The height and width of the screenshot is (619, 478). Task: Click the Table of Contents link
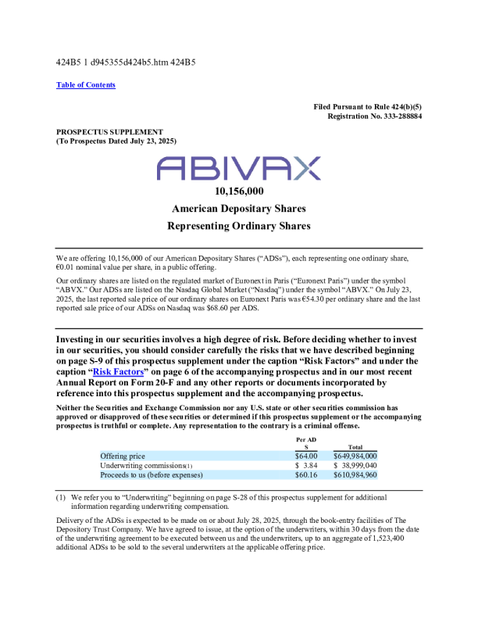(x=85, y=84)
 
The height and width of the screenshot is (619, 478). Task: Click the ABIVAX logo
(x=238, y=168)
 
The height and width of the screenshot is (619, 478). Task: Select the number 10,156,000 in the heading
(x=238, y=191)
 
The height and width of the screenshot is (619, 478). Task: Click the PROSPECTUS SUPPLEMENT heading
(x=109, y=132)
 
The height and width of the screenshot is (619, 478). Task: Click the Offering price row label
(x=123, y=456)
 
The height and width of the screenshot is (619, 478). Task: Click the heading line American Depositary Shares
(x=238, y=209)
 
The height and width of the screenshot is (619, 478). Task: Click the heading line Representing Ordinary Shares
(x=238, y=226)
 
